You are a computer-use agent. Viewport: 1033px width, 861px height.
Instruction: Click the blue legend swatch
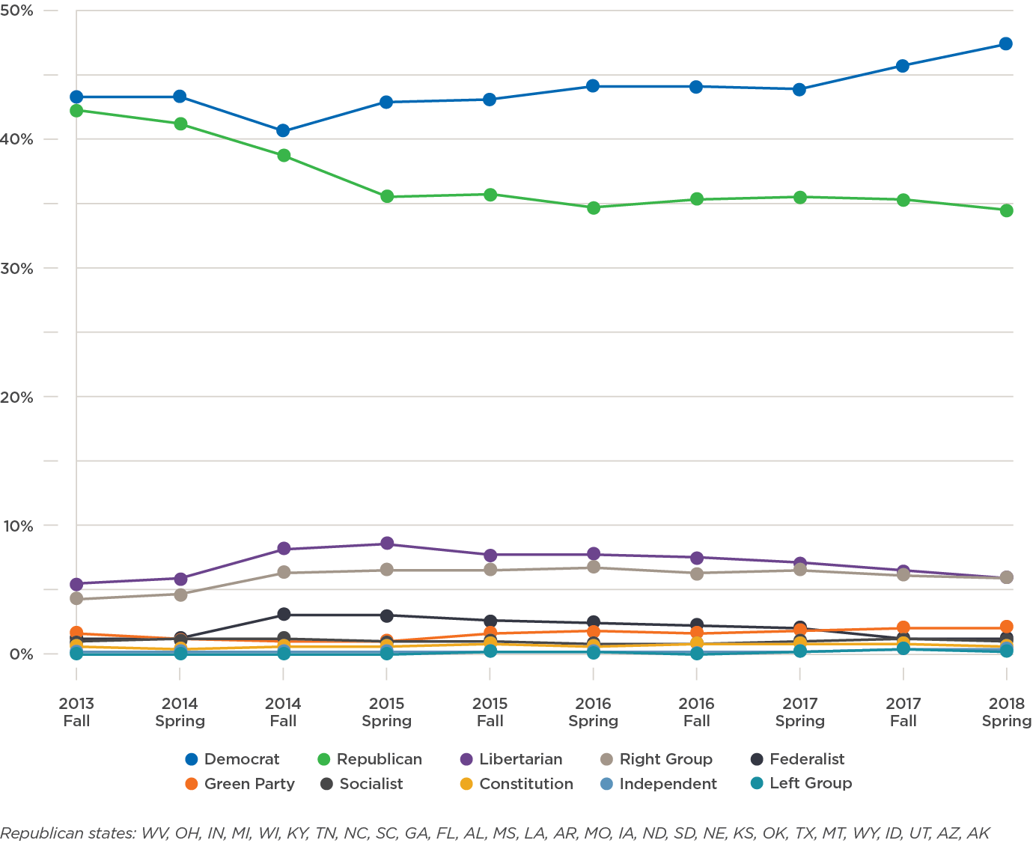[x=195, y=759]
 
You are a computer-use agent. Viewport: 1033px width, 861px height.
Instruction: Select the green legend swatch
[x=327, y=759]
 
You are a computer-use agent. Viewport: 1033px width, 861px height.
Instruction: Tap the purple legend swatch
[x=469, y=759]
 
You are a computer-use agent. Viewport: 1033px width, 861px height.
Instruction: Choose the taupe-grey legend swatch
[x=610, y=759]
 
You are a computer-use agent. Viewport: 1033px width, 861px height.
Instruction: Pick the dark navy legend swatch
[x=761, y=759]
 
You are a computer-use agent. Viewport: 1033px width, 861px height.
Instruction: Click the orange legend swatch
[x=195, y=784]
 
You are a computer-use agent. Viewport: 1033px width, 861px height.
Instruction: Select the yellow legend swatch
[x=469, y=784]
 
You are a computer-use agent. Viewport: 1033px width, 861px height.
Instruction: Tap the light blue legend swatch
[x=610, y=784]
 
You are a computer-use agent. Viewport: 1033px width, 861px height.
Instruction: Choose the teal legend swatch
[x=761, y=784]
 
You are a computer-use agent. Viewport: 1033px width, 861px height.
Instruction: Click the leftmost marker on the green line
[x=76, y=111]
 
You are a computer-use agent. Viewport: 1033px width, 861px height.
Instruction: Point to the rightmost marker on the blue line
[x=1007, y=43]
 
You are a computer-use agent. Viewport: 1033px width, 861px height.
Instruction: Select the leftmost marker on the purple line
[x=76, y=585]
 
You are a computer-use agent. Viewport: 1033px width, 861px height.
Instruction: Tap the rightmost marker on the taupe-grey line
[x=1007, y=577]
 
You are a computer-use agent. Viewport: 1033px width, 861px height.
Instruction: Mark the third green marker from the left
[x=284, y=156]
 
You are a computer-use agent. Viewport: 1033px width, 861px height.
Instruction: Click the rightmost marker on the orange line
[x=1007, y=625]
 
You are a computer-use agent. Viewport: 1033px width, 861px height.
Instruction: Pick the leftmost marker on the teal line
[x=76, y=654]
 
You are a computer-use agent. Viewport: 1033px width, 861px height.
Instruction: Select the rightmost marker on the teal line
[x=1007, y=651]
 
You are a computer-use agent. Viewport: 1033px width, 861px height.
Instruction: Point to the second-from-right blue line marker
[x=904, y=65]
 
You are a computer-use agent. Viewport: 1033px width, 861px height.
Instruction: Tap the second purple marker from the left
[x=180, y=579]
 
